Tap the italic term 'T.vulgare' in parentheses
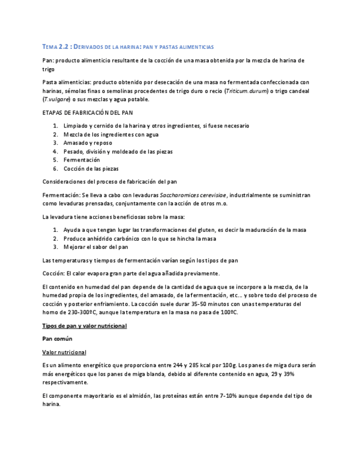[57, 99]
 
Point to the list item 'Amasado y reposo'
[88, 143]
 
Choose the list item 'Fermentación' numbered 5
[82, 160]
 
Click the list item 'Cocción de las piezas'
[91, 169]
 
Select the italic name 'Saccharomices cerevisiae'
[193, 195]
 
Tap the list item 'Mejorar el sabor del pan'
[96, 247]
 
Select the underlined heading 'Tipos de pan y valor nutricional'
[85, 326]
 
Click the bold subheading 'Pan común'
[57, 339]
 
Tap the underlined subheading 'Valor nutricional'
[64, 352]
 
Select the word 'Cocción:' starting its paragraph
[53, 273]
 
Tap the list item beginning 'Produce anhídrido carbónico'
[140, 238]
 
